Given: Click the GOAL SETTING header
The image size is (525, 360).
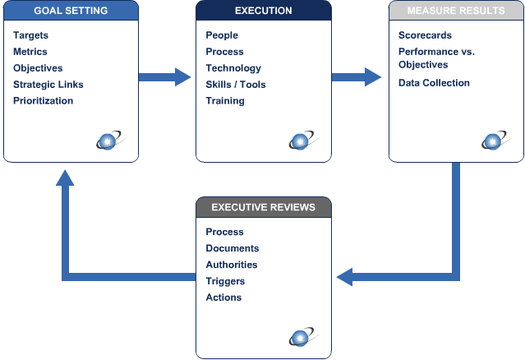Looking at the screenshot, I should point(69,11).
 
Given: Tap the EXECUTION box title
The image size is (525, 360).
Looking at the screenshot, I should point(263,11).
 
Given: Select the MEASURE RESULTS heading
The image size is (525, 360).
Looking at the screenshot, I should point(455,11).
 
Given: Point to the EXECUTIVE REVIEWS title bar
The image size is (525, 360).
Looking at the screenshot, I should point(263,207).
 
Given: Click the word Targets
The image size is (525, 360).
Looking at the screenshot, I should point(31,35).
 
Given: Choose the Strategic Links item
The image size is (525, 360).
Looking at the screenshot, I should point(48,85).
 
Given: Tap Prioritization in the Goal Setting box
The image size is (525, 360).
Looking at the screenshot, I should point(44,101).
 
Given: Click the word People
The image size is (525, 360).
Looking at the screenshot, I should point(222,35).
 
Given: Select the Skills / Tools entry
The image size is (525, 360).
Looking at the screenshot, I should point(236,85).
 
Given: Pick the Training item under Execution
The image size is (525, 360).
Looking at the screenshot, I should point(225,101).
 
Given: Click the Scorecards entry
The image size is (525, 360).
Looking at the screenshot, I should point(425,35).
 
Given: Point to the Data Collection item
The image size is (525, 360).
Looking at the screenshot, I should point(434,83).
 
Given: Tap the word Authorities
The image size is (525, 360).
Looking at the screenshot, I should point(232,265).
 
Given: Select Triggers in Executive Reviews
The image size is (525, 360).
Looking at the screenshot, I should point(225,281).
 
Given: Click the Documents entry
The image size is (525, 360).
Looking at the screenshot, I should point(233,248).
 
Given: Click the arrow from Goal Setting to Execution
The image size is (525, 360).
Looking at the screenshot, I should point(167,77).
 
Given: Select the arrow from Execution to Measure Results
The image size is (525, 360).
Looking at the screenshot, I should point(358,77).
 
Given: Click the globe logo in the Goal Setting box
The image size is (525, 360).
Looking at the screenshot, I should point(108,141).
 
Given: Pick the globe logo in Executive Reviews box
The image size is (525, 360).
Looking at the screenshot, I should point(302,337).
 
